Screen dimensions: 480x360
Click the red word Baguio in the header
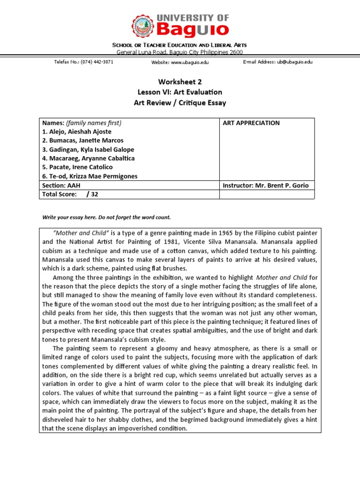coord(193,30)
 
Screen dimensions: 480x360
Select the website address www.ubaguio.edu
coord(189,62)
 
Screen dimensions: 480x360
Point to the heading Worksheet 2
coord(180,82)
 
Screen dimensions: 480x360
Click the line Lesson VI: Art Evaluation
coord(180,92)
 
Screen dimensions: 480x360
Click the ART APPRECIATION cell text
coord(251,123)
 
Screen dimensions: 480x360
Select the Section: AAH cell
coord(61,186)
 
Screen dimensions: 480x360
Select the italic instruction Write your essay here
coord(71,217)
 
